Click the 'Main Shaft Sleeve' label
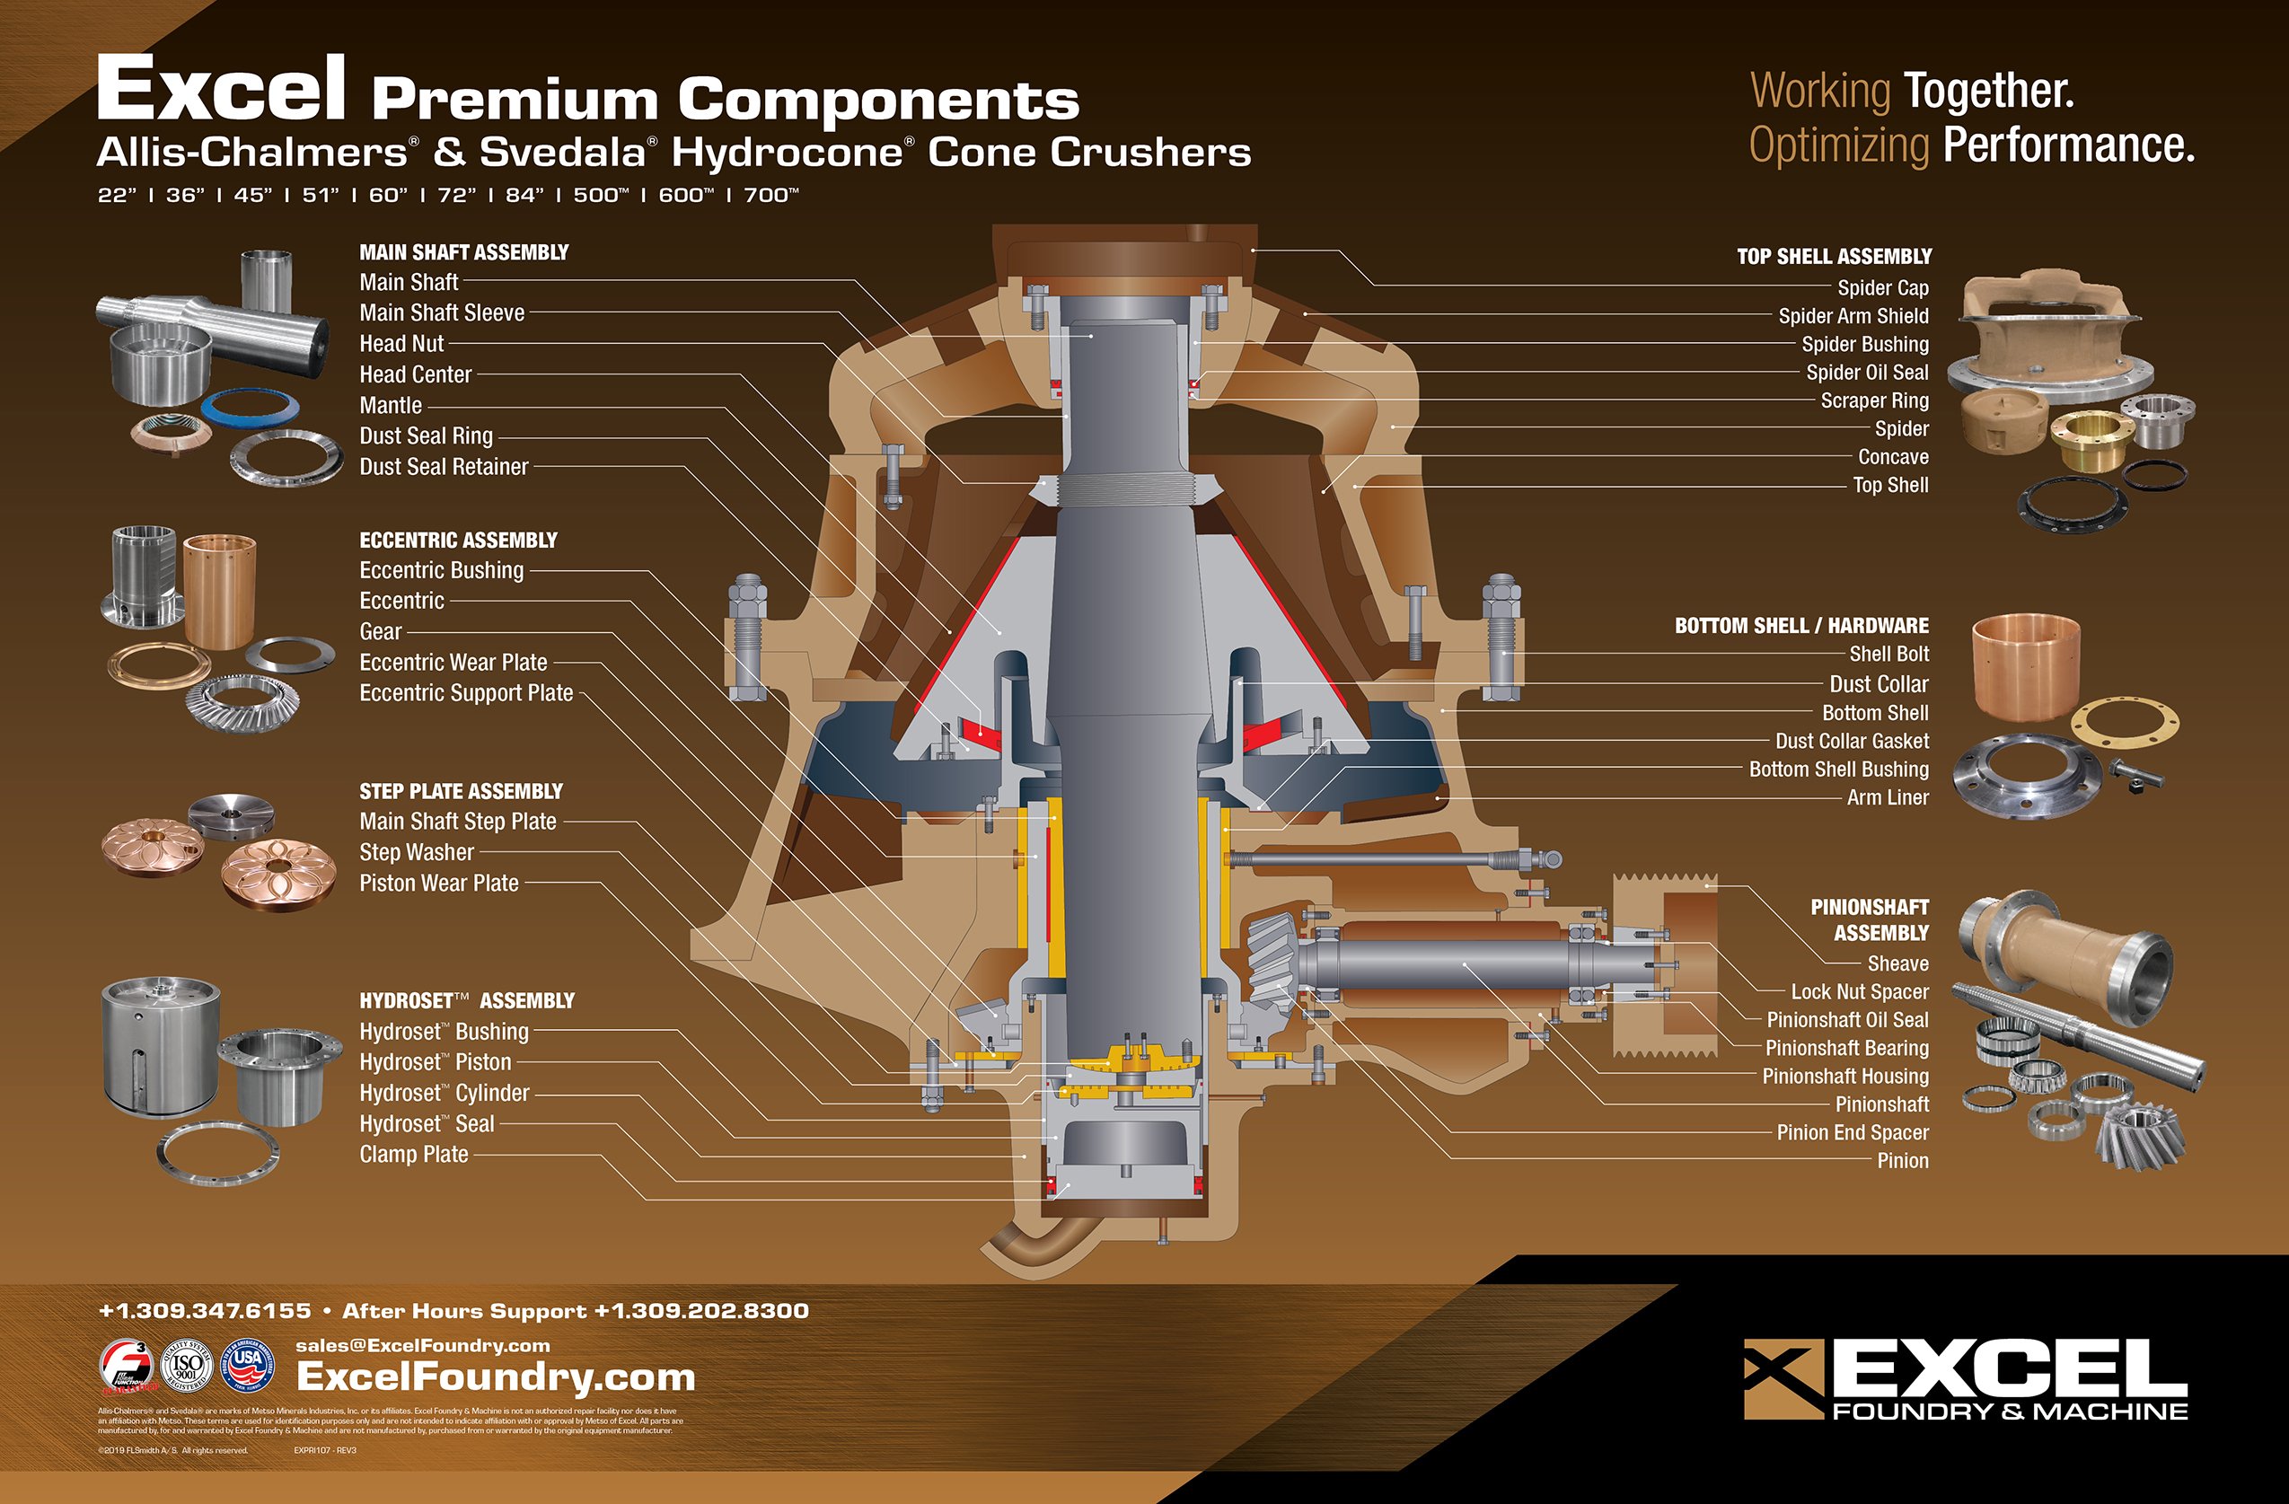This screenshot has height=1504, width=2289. coord(442,312)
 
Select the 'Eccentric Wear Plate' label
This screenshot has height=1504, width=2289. coord(453,663)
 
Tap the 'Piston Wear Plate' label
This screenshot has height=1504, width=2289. coord(438,883)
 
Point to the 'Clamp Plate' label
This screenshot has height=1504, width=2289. coord(414,1154)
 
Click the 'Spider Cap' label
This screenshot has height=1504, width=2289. coord(1882,287)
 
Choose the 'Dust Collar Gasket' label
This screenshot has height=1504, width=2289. coord(1852,742)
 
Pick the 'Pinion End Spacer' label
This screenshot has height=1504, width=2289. coord(1853,1133)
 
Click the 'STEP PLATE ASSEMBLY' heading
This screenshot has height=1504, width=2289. coord(461,791)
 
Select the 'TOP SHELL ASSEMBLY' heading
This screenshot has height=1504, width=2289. coord(1833,257)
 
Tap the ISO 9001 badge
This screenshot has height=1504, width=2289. coord(187,1367)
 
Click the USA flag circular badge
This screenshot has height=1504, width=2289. coord(248,1367)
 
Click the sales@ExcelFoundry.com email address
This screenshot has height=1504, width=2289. coord(422,1345)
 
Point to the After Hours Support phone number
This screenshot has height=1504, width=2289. coord(701,1311)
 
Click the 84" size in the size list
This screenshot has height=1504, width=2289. coord(524,195)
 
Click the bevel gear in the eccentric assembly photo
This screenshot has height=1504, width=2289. coord(241,702)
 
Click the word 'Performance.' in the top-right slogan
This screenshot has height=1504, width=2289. coord(2068,146)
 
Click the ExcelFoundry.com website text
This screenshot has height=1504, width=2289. coord(496,1377)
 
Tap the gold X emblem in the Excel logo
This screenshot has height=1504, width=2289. coord(1783,1378)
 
